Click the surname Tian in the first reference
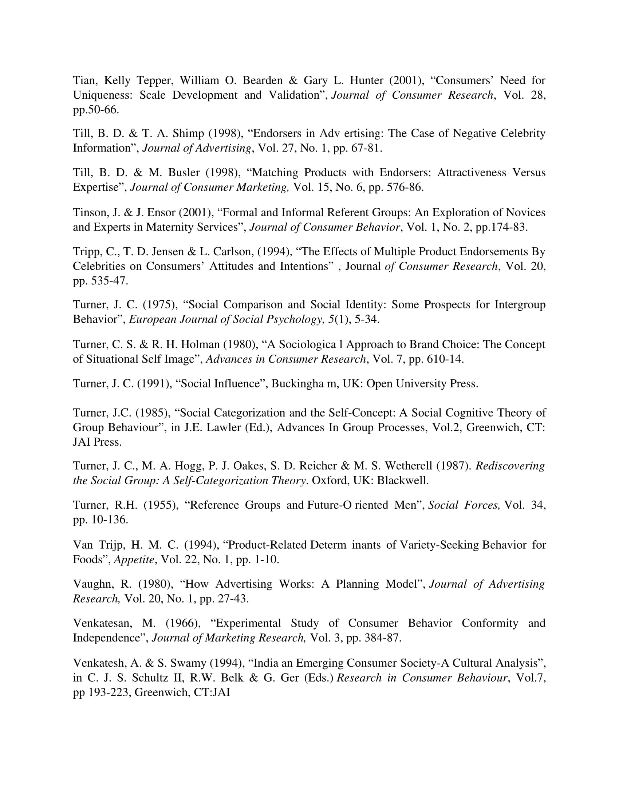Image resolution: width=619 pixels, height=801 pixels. coord(84,80)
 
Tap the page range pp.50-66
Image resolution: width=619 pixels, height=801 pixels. coord(96,110)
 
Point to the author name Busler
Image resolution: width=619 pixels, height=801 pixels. coord(184,172)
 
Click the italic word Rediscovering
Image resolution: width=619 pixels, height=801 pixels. coord(510,466)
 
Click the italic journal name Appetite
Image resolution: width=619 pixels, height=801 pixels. coord(134,559)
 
